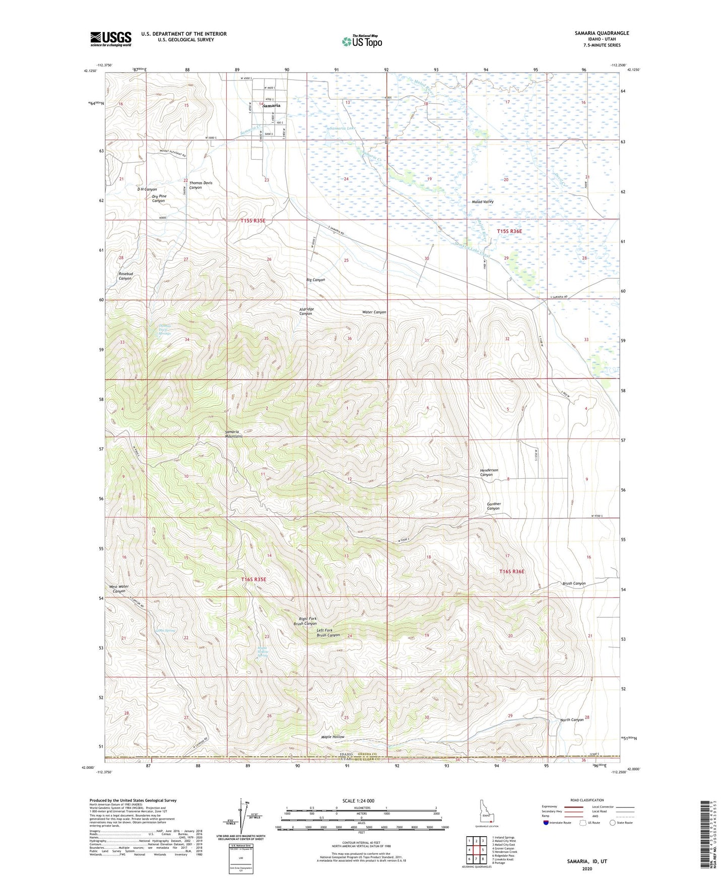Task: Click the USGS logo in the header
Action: [110, 39]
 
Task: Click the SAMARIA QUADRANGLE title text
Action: [602, 33]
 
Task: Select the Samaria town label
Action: [271, 106]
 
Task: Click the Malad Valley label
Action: [482, 201]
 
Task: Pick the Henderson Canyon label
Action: [489, 472]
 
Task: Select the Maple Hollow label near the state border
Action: [333, 737]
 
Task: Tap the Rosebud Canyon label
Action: [125, 276]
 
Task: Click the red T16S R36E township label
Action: [511, 571]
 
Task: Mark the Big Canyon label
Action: [315, 280]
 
